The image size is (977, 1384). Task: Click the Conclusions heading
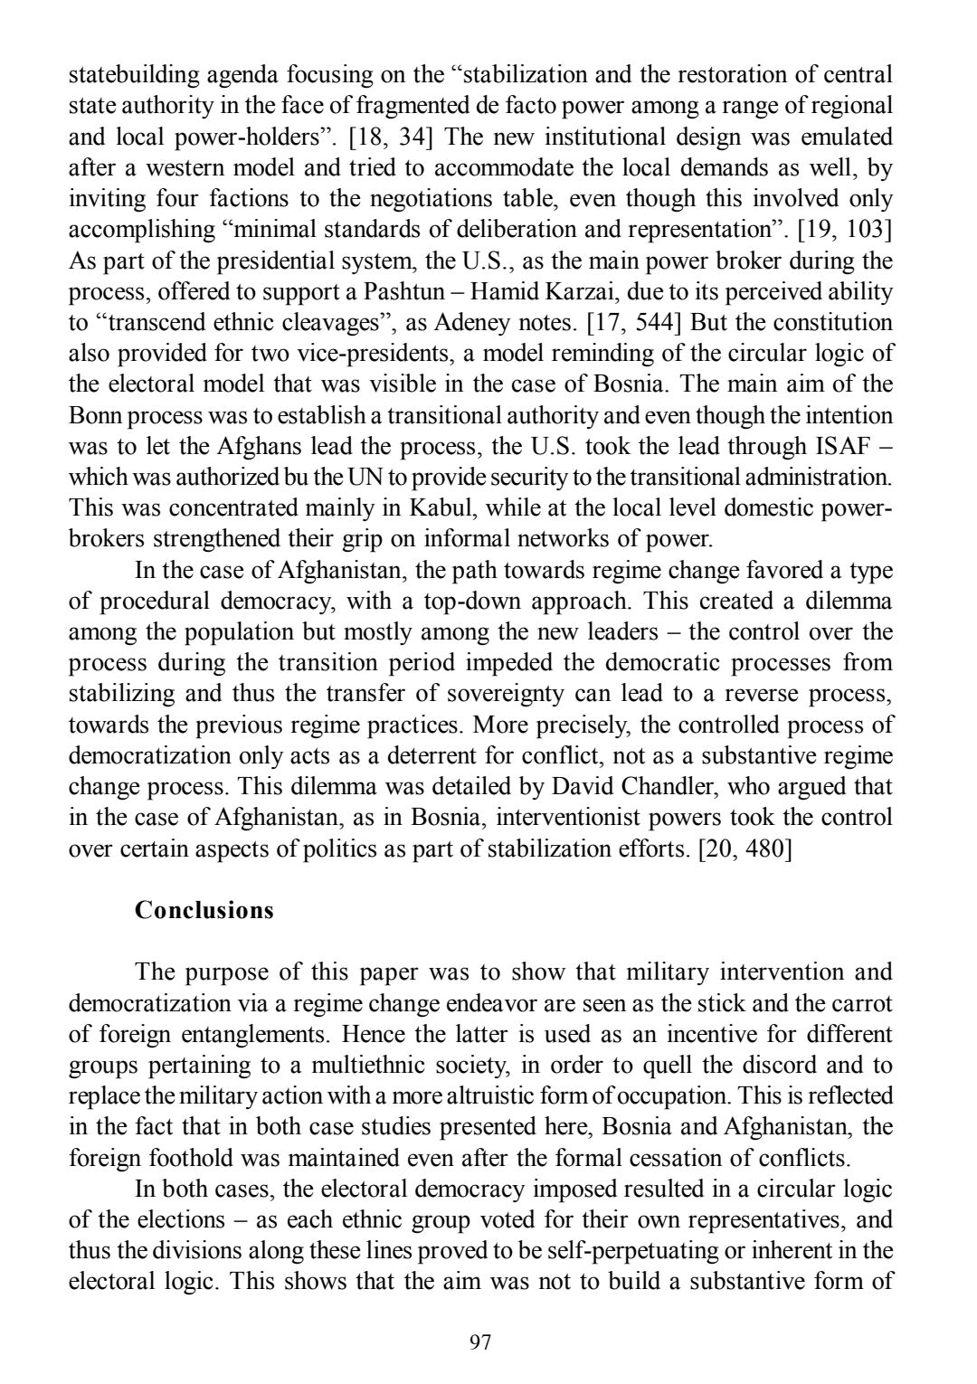pyautogui.click(x=204, y=910)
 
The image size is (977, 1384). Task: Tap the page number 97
pyautogui.click(x=481, y=1342)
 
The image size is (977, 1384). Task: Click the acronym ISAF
pyautogui.click(x=842, y=447)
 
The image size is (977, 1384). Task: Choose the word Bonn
pyautogui.click(x=94, y=416)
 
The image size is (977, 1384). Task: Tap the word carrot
pyautogui.click(x=860, y=1003)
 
